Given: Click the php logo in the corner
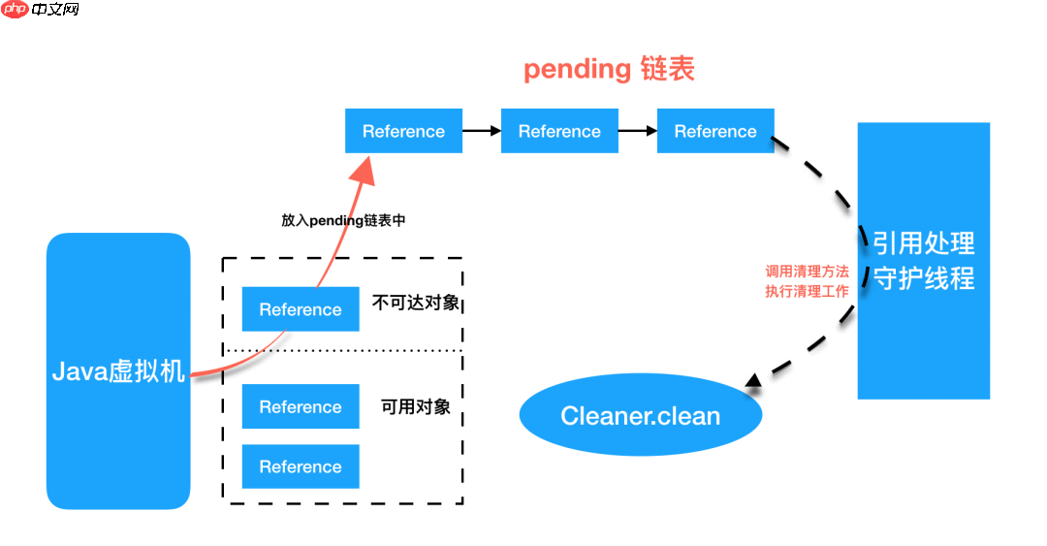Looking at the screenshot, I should point(16,10).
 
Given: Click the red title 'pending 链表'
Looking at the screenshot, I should point(609,70).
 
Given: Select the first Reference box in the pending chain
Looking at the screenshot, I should point(403,131).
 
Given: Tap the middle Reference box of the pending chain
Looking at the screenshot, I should point(559,131).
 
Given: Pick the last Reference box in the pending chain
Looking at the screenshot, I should point(715,131).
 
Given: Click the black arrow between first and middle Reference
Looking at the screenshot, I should point(482,131).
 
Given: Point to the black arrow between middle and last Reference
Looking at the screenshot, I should point(638,131).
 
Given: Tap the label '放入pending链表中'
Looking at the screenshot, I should point(343,220).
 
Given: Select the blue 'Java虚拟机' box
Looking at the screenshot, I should point(118,371).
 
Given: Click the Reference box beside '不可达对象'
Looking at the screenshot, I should point(301,309).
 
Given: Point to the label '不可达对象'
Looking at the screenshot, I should point(416,303).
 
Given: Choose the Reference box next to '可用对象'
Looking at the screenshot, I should point(301,407).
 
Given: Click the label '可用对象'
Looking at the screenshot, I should point(416,406).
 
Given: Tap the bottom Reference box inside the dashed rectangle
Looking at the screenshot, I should point(301,466).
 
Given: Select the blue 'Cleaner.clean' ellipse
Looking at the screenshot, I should point(641,416).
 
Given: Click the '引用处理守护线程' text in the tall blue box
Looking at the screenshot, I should point(923,261).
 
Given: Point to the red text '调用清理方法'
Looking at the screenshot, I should point(807,272).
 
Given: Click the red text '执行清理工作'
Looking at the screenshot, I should point(807,291).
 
